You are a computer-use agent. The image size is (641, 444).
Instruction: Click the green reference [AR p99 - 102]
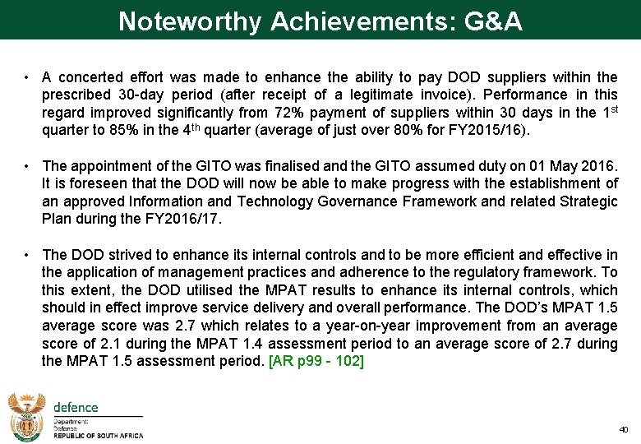(x=316, y=363)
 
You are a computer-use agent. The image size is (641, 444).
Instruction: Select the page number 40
(x=623, y=429)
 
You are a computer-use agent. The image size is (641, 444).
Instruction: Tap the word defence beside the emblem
(x=76, y=407)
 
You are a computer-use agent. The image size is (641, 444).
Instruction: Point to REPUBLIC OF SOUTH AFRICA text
(x=98, y=436)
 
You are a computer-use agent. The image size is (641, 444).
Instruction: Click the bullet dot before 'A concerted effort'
(x=27, y=77)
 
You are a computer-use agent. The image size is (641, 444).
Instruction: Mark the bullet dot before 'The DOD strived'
(x=27, y=255)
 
